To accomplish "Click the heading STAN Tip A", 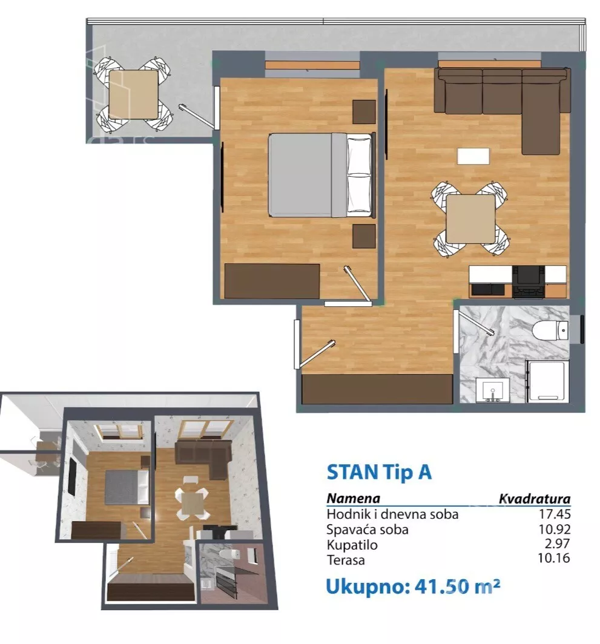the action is (x=379, y=472).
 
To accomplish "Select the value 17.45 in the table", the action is (x=555, y=514).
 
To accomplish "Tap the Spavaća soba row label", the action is (x=368, y=530).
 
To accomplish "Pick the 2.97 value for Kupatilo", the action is (x=557, y=544).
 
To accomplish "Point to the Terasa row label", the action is (x=346, y=560).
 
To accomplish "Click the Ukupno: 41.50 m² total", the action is (x=412, y=586).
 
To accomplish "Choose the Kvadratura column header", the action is (x=534, y=499).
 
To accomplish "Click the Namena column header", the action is (x=353, y=498).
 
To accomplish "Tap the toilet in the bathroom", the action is (x=550, y=330).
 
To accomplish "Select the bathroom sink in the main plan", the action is (x=493, y=390).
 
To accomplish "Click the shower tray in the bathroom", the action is (x=547, y=381).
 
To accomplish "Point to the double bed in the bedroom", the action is (x=321, y=175).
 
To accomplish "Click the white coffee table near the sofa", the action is (x=473, y=156).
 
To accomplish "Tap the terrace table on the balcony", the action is (x=133, y=94).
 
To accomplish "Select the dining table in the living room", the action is (x=470, y=219).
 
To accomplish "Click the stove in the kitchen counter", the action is (x=529, y=281).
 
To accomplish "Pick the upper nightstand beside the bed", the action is (x=364, y=112).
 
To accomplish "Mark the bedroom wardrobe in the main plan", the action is (x=272, y=281).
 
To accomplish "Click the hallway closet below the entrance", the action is (x=377, y=389).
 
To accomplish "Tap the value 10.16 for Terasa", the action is (x=553, y=558).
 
